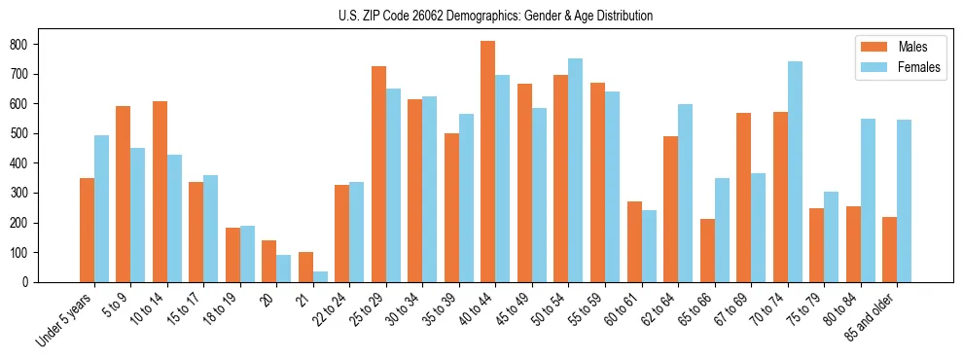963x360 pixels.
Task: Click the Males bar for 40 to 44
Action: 488,162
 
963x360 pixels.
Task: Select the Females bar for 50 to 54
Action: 576,170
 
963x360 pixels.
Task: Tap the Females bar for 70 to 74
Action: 795,171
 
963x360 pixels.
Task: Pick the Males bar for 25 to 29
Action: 378,174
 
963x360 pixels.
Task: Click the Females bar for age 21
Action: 320,276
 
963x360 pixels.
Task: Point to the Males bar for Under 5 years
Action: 87,230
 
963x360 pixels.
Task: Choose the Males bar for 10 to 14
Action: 160,192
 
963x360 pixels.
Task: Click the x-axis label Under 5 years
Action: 64,317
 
